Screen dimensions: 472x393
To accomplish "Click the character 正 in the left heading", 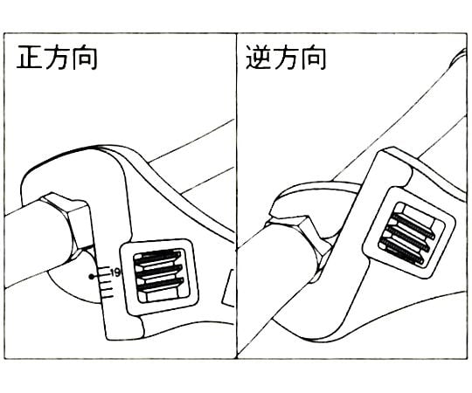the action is click(x=29, y=57).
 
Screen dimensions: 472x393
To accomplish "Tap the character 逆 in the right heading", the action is click(x=258, y=57).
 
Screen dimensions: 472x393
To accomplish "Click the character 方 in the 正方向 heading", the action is click(x=57, y=57).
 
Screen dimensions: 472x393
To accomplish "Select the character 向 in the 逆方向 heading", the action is click(x=314, y=57).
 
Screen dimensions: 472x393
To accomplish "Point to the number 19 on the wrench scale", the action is click(x=115, y=272).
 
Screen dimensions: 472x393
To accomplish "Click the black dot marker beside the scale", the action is click(x=92, y=276).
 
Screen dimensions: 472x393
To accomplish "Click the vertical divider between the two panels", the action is click(x=236, y=196).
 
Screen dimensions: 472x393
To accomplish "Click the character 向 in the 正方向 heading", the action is click(x=85, y=57).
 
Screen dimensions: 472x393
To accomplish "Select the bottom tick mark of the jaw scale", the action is click(x=108, y=298).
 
